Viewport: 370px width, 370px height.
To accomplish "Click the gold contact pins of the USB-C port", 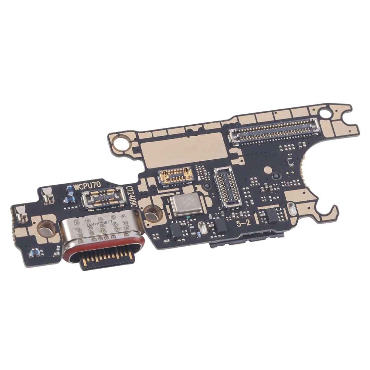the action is pos(108,260).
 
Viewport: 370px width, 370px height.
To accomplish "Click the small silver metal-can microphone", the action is pos(186,204).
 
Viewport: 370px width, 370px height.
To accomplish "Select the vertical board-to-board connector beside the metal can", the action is pos(227,186).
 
